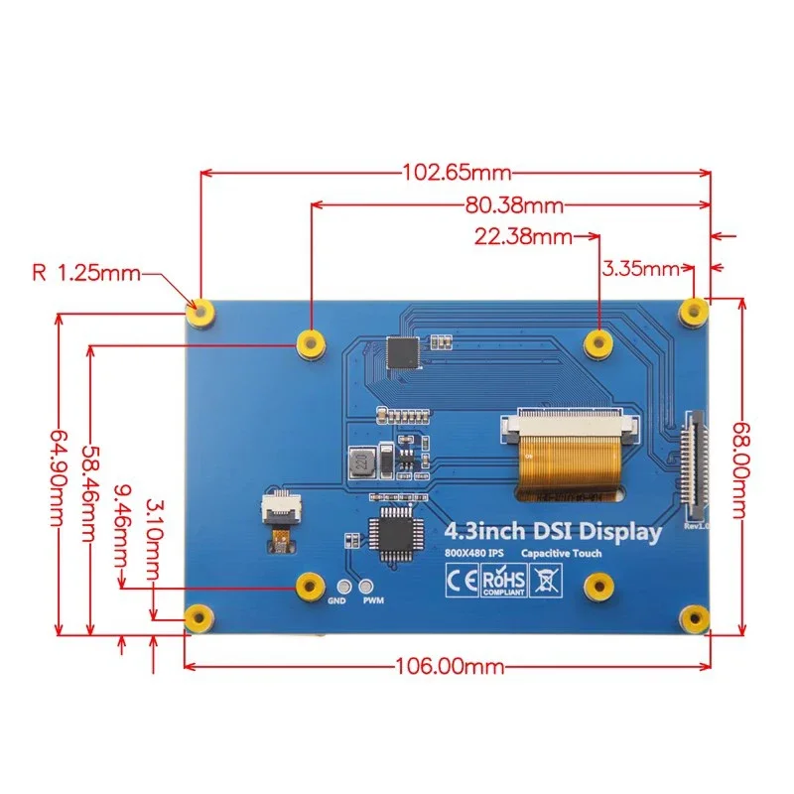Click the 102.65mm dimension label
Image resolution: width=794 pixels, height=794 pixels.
tap(456, 172)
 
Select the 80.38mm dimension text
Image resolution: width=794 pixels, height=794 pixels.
tap(513, 206)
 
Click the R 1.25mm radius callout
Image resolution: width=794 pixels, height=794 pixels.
tap(87, 272)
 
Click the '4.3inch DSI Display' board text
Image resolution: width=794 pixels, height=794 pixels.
tap(553, 531)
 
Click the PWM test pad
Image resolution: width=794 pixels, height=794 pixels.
tap(368, 587)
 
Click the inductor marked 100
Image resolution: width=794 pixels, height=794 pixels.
tap(358, 462)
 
